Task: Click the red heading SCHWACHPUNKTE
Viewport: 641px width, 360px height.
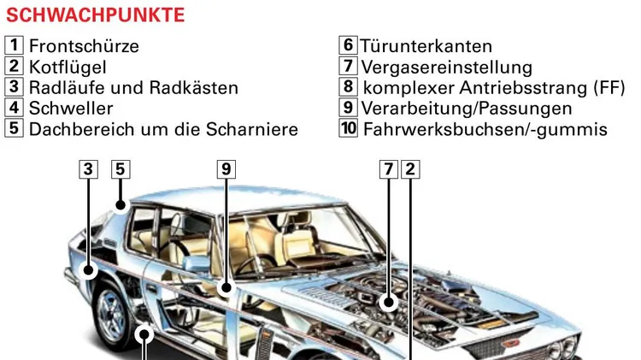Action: (95, 15)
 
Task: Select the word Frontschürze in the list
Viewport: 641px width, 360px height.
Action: (84, 46)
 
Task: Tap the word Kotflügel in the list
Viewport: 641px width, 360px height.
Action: (68, 67)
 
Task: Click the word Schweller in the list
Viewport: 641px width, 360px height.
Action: (71, 109)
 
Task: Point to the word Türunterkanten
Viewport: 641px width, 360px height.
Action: (426, 46)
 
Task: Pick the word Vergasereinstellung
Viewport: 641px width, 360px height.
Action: (447, 67)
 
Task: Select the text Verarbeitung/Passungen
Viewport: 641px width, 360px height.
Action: (467, 109)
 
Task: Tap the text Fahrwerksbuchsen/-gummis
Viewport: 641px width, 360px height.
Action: (485, 129)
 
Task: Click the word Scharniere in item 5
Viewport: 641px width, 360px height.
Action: (252, 129)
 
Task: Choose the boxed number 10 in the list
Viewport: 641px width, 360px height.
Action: (349, 128)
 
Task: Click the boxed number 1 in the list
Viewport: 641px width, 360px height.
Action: (14, 45)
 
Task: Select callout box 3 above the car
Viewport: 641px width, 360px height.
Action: (88, 169)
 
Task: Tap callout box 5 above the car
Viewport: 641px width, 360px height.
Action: (121, 169)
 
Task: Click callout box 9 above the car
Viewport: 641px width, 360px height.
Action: (226, 169)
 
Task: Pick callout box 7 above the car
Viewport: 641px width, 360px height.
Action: (388, 169)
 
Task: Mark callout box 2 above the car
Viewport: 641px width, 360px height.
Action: (410, 169)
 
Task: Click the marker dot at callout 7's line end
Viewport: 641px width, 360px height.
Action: (388, 303)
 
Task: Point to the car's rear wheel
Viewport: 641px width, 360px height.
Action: (113, 314)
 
